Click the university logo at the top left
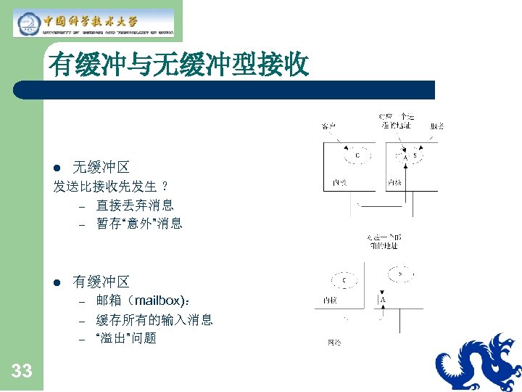point(94,23)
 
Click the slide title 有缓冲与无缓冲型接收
point(178,66)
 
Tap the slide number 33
point(22,371)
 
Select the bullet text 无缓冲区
point(101,167)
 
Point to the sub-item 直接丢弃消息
point(135,205)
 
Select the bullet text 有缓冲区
point(101,282)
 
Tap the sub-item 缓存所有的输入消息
point(154,319)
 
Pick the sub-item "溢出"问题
point(126,338)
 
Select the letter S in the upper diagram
point(415,155)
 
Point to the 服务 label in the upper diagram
point(436,126)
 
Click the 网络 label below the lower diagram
point(334,341)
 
